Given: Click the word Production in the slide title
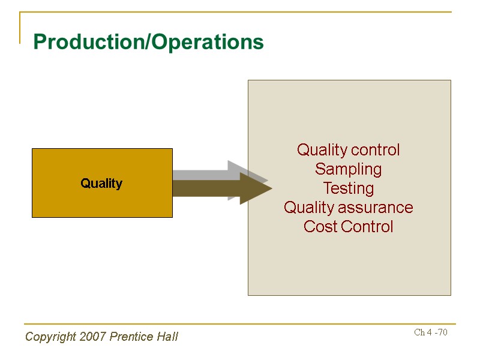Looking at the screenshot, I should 90,42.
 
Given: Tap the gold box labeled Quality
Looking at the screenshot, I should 102,183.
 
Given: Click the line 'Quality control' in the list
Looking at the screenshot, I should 349,150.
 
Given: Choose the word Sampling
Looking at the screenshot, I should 349,169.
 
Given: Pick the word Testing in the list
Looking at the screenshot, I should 349,188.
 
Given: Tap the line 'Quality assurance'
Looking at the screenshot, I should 349,208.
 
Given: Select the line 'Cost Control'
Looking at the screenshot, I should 349,227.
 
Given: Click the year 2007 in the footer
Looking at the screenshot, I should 91,337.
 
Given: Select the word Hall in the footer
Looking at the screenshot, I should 167,337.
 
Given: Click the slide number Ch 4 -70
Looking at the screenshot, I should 431,332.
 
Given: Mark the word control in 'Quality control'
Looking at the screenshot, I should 377,150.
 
